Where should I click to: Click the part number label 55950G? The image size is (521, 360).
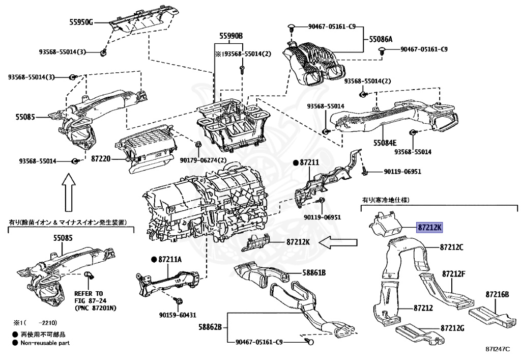point(81,22)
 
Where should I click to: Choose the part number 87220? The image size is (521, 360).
point(101,159)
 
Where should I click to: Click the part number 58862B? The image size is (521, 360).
point(210,326)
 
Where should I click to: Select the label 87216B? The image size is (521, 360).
point(497,294)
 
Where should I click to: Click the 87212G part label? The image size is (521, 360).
point(452,328)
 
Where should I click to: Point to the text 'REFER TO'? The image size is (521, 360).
point(88,294)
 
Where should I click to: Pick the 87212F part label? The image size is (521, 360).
point(454,274)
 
